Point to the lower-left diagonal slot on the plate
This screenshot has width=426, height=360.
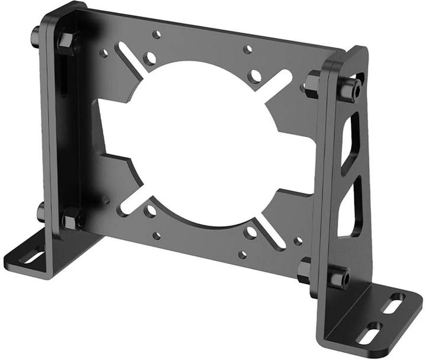pyautogui.click(x=131, y=202)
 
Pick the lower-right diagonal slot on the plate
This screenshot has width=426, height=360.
pyautogui.click(x=269, y=234)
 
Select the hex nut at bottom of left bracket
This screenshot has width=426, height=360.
pyautogui.click(x=71, y=218)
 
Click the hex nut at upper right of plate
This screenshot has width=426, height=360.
pyautogui.click(x=313, y=82)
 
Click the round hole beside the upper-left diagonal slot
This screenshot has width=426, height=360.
pyautogui.click(x=150, y=59)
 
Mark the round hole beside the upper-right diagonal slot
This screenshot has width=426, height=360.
pyautogui.click(x=255, y=76)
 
